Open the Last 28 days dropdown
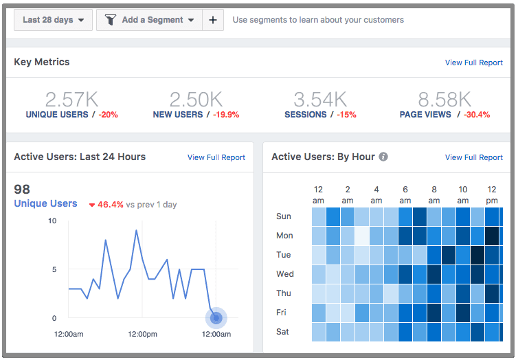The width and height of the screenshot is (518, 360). pos(54,20)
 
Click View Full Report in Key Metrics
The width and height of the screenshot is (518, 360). pos(473,63)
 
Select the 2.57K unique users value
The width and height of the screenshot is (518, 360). pos(67,99)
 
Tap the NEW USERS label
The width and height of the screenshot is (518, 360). pos(178,115)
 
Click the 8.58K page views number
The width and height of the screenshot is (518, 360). pos(444,99)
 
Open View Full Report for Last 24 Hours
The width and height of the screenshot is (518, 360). pos(216,157)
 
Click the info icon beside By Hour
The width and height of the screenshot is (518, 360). pos(383,157)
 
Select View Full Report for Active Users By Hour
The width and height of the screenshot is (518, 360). pos(473,157)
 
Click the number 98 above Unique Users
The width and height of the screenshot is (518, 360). pos(22,189)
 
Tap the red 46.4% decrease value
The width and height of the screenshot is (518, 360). pos(109,204)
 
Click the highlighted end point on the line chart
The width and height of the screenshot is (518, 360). pos(216,317)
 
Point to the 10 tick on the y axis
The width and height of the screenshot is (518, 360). pos(52,221)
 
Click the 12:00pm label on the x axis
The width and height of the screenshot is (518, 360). pos(142,334)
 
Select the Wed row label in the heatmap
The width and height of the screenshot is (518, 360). pos(285,274)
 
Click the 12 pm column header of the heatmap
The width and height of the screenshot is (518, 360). pos(492,194)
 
